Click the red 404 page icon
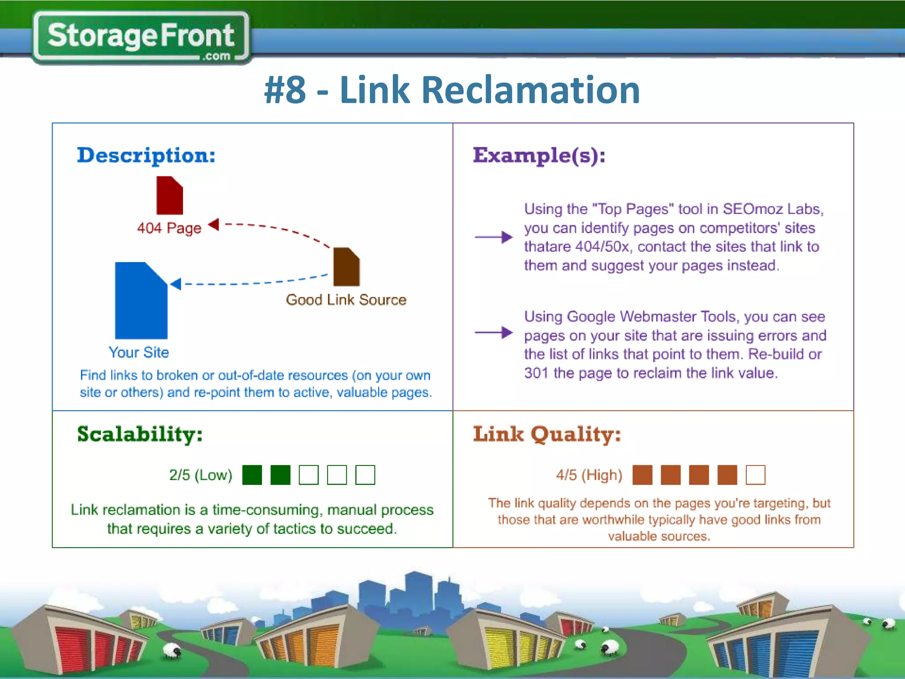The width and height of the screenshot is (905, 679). tap(169, 196)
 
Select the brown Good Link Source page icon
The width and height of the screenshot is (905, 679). tap(346, 267)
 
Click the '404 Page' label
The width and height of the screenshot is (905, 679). tap(169, 228)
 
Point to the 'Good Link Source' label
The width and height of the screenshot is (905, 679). tap(346, 300)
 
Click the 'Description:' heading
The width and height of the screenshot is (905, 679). tap(146, 155)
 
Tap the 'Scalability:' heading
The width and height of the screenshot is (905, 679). tap(140, 434)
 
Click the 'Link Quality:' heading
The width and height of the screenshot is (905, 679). tap(547, 434)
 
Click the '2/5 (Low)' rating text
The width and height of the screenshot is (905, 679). tap(201, 475)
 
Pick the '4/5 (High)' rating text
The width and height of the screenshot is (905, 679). tap(589, 475)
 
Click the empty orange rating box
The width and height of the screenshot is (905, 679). tap(755, 475)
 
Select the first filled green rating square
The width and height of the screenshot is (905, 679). tap(252, 475)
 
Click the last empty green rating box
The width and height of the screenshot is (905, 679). tap(365, 475)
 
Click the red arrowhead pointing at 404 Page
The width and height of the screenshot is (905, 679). tap(214, 224)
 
